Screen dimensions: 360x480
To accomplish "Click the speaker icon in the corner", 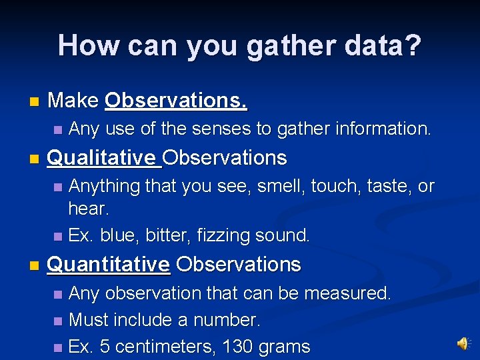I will (x=462, y=343).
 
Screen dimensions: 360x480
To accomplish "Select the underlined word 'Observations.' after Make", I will (x=176, y=101).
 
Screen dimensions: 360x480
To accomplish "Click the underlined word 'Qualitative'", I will (x=102, y=158).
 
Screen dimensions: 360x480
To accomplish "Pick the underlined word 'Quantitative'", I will (x=109, y=265).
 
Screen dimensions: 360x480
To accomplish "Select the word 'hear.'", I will (x=89, y=209).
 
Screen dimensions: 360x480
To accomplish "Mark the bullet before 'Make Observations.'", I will (x=34, y=102).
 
